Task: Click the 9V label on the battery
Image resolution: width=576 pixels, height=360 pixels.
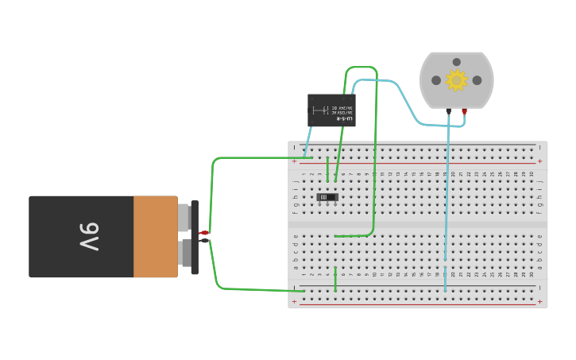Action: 89,236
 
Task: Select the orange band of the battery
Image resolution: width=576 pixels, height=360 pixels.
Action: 155,236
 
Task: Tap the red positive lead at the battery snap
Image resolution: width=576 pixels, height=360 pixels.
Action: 203,232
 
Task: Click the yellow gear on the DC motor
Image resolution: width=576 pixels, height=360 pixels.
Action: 456,79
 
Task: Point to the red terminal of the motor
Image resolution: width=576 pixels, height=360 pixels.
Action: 465,111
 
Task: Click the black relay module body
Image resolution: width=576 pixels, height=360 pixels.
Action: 331,110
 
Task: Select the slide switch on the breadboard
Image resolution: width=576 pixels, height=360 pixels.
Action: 327,196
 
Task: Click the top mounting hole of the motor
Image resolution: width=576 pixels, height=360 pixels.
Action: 456,62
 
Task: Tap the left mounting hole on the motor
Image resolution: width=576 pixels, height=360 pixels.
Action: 436,80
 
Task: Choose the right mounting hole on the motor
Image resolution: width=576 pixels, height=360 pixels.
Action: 477,80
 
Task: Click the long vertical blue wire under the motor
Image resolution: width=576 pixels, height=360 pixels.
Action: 446,199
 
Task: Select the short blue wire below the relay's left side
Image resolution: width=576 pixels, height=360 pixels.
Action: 307,141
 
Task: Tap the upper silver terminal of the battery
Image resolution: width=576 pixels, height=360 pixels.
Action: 184,217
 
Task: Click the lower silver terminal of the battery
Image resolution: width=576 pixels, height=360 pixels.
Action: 184,254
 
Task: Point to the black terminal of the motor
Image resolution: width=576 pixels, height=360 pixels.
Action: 449,111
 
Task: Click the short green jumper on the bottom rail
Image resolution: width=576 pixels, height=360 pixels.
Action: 335,279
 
